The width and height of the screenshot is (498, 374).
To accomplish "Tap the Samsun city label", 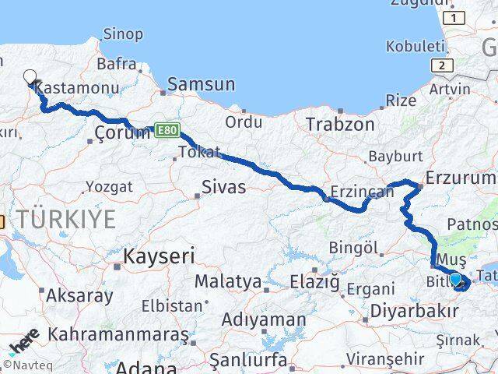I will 201,85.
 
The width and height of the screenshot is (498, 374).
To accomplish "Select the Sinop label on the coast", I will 124,34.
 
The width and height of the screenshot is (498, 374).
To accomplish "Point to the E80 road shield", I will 165,130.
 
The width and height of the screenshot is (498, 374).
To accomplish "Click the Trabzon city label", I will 340,124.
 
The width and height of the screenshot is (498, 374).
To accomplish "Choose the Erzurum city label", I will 461,180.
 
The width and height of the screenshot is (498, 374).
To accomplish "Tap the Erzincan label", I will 358,191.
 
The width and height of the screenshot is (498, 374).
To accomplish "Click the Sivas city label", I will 223,187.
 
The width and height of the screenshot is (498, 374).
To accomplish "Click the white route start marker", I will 30,76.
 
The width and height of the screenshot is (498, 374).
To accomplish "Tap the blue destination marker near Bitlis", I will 456,279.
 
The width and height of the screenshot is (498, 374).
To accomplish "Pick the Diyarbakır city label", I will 414,311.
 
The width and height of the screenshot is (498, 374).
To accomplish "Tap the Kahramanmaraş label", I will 118,334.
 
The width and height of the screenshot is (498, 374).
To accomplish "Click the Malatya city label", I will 227,280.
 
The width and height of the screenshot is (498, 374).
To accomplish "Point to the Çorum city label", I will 122,132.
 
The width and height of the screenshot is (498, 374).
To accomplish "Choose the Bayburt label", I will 395,156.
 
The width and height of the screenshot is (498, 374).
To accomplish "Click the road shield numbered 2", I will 441,66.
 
